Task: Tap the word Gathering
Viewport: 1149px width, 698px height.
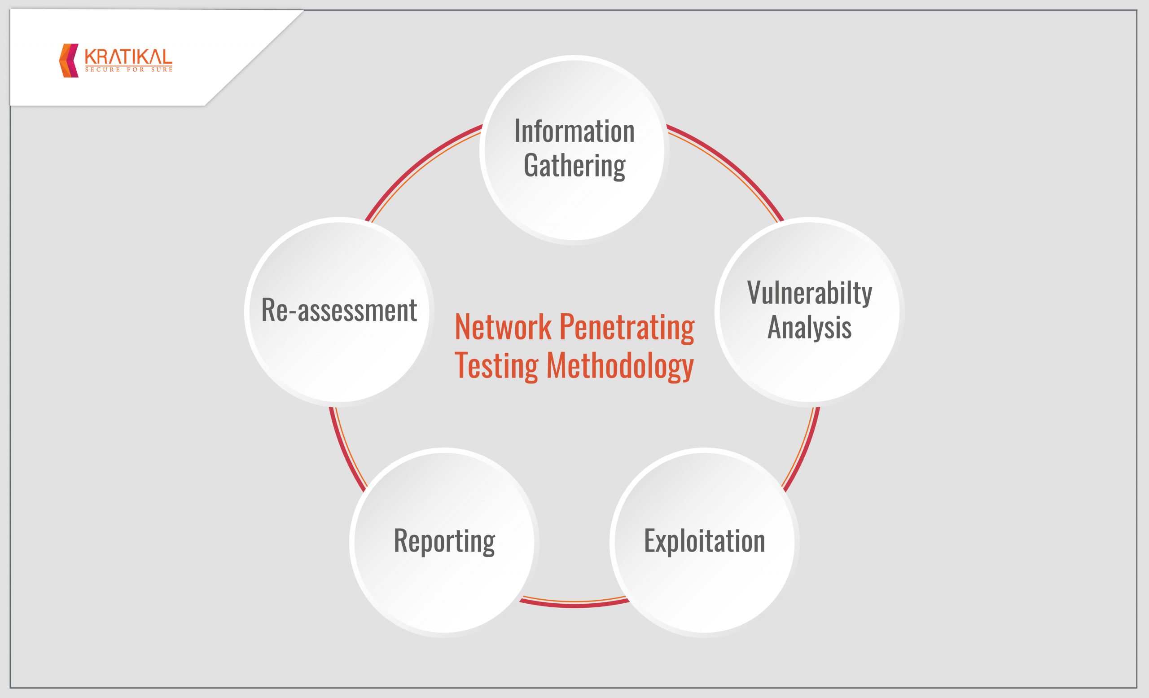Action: point(574,166)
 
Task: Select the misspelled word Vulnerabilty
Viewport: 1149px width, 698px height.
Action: point(810,293)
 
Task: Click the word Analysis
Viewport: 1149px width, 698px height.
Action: point(810,327)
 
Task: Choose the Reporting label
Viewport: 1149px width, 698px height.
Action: point(444,541)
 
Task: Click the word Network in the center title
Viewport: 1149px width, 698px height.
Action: point(503,327)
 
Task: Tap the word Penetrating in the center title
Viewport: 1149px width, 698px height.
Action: point(627,328)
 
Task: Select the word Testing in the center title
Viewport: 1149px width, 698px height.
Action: point(496,366)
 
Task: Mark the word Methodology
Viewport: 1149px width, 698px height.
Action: point(620,366)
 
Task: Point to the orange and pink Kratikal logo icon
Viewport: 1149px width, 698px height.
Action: point(69,61)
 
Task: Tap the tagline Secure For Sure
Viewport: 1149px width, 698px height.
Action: point(129,70)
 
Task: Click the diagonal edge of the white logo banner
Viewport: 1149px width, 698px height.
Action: point(254,58)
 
